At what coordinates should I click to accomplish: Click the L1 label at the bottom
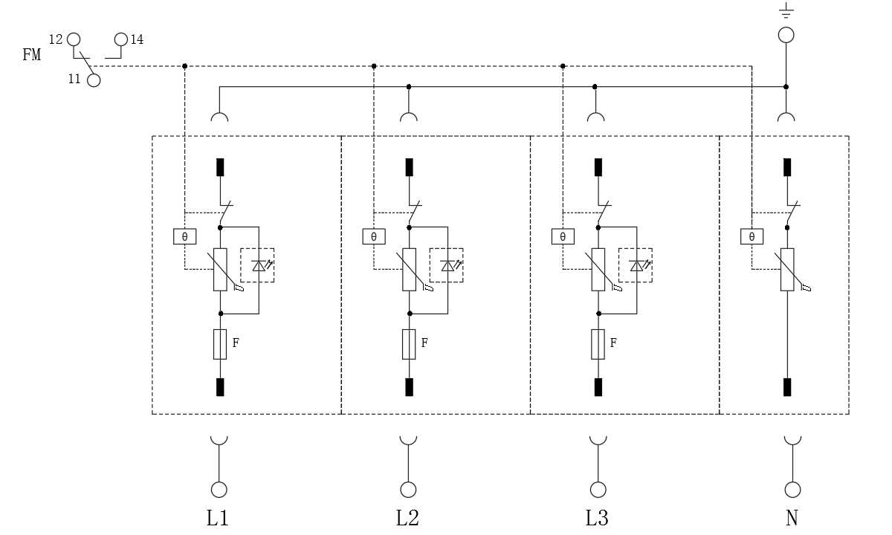coord(217,518)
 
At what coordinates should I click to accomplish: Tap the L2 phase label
coord(407,518)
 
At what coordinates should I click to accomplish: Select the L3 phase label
coord(597,518)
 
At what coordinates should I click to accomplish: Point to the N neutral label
coord(792,518)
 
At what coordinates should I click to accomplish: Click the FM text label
coord(32,54)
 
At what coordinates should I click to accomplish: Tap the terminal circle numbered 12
coord(73,39)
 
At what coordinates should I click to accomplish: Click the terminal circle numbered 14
coord(121,39)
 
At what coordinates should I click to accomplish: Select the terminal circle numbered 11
coord(94,80)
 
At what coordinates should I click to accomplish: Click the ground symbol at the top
coord(786,11)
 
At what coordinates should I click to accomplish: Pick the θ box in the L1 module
coord(184,237)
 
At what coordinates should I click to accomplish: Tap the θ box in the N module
coord(752,237)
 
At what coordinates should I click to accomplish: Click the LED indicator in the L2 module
coord(447,265)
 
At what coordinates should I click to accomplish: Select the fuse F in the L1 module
coord(220,344)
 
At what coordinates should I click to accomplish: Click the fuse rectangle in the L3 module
coord(598,344)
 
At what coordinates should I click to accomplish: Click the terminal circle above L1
coord(219,490)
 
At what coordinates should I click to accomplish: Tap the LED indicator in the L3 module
coord(636,265)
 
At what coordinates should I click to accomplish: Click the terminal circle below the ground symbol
coord(786,35)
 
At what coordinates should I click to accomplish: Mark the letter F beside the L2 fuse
coord(424,343)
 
